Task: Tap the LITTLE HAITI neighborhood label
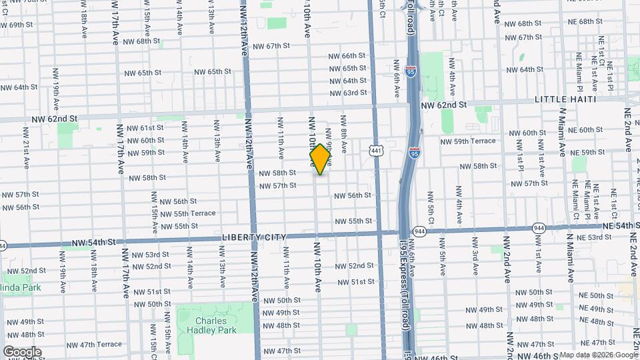point(565,99)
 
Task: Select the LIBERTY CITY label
point(254,237)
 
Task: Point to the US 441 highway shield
point(377,151)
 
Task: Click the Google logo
point(22,352)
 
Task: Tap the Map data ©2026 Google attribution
point(598,355)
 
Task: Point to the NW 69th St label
point(17,25)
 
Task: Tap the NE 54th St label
point(609,226)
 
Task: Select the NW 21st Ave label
point(25,154)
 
